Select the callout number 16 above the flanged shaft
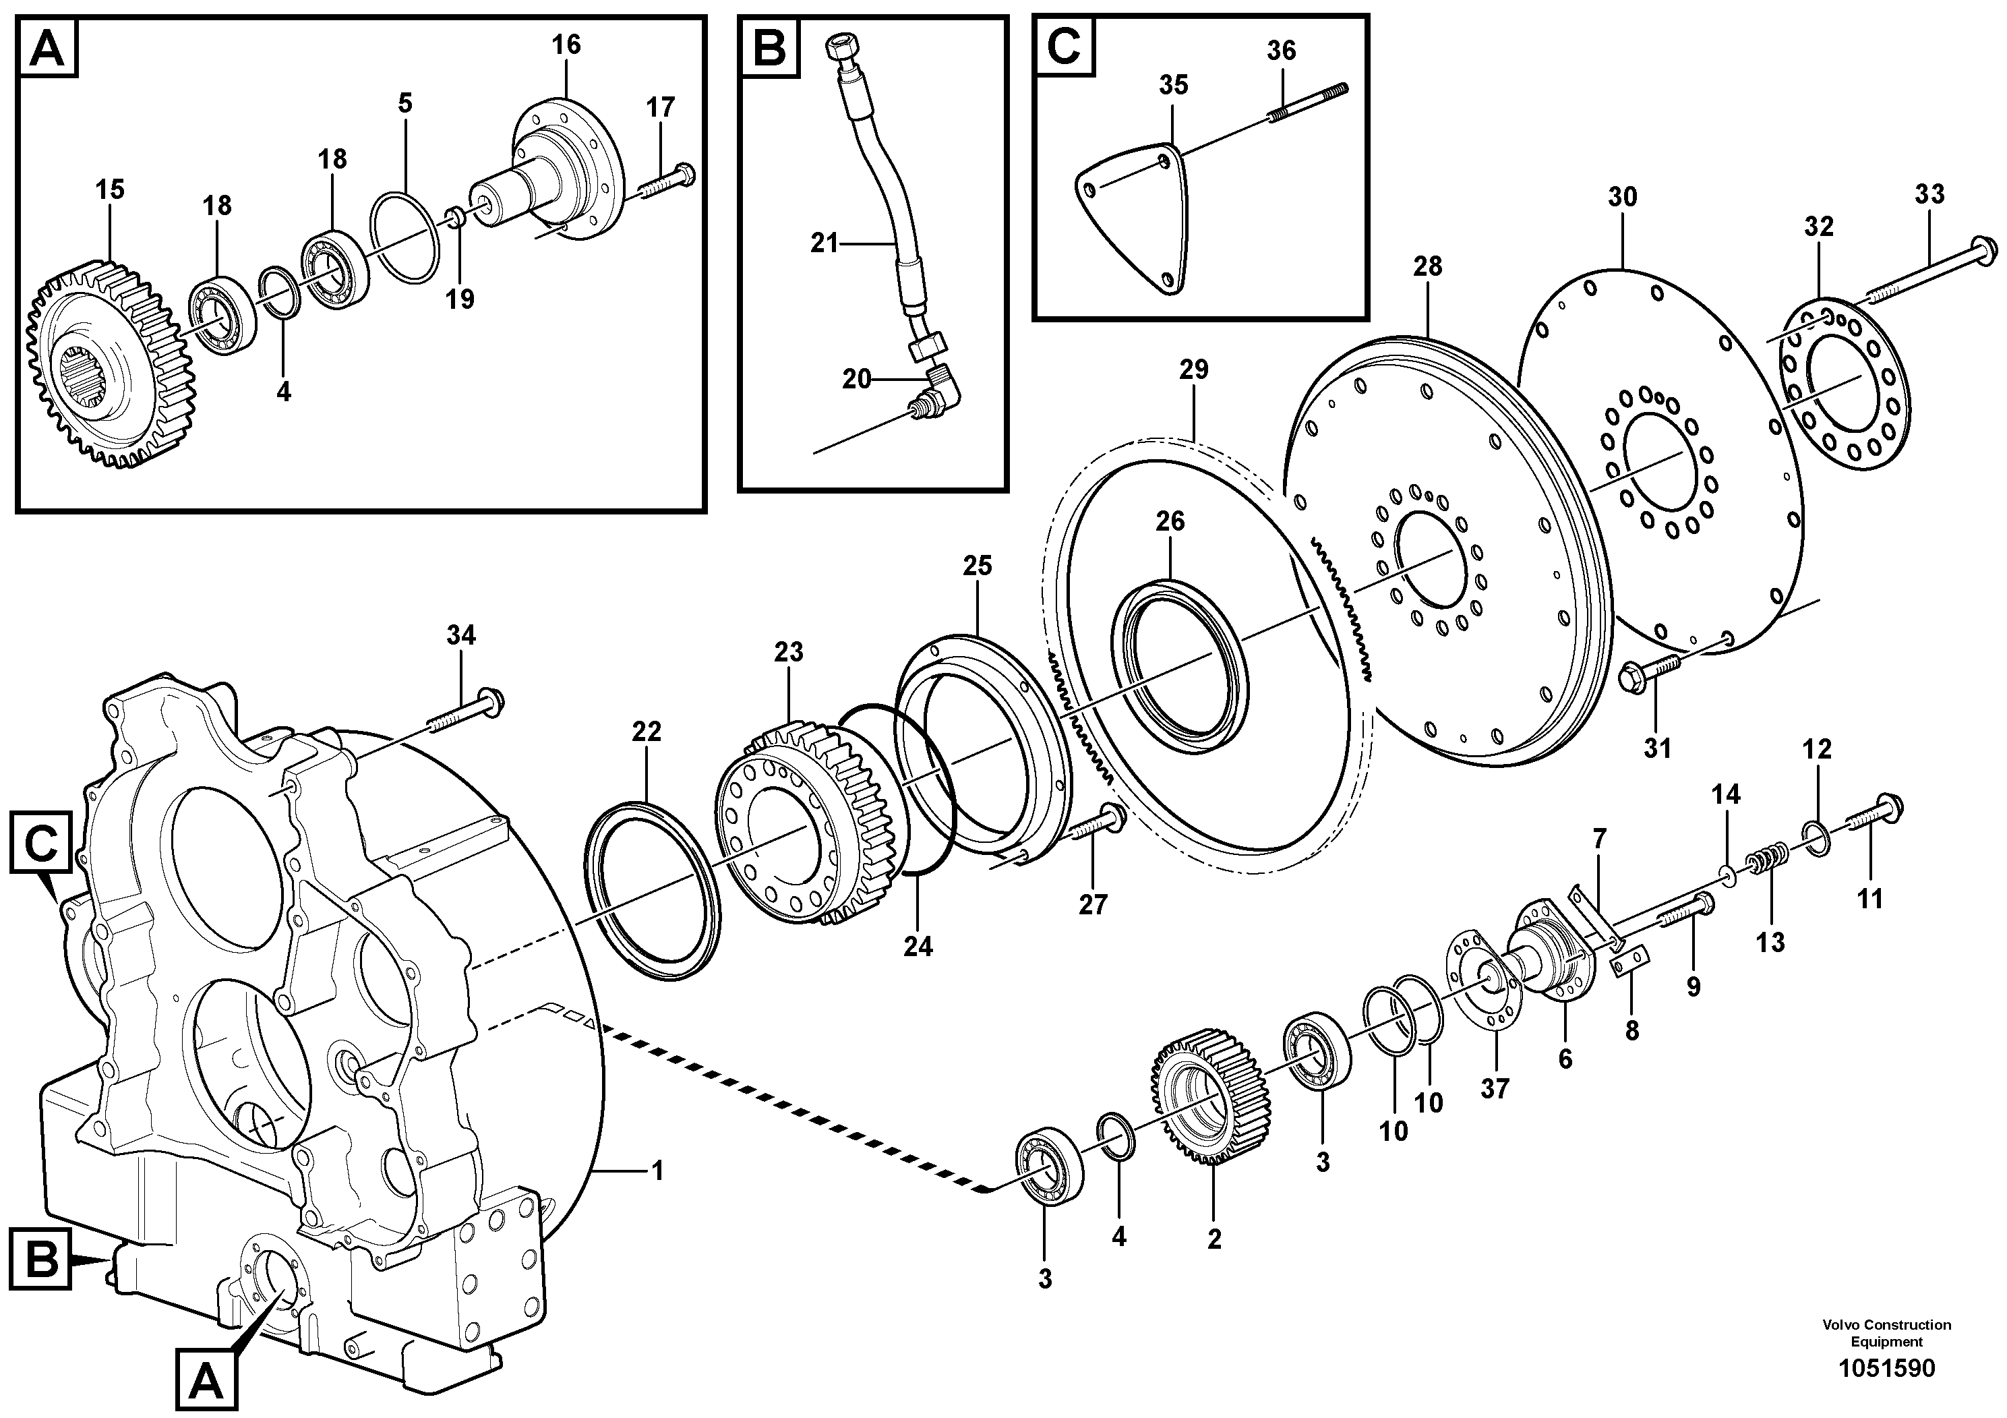pos(566,45)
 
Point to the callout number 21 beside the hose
pos(823,243)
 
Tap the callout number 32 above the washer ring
pos(1819,227)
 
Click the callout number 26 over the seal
pos(1170,521)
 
